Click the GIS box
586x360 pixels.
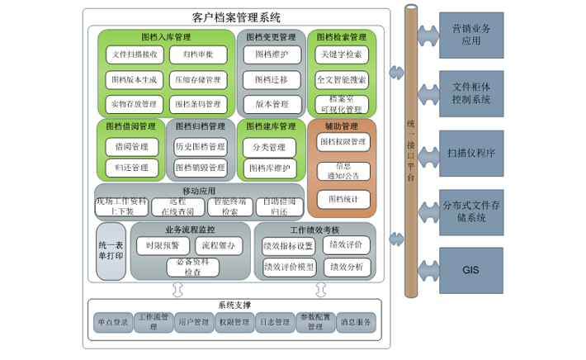coord(471,270)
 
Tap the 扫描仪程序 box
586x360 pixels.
coord(471,153)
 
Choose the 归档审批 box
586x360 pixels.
coord(197,54)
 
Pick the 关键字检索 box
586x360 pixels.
coord(342,54)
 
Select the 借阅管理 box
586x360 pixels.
coord(132,146)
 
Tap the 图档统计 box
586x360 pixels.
coord(342,199)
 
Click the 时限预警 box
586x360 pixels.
coord(162,245)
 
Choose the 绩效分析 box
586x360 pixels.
coord(347,266)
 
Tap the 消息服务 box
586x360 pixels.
coord(356,322)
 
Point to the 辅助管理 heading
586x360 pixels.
coord(342,126)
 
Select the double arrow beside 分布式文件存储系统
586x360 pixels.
coord(429,212)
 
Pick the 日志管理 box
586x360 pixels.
coord(274,322)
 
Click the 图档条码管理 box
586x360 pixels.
coord(197,104)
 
